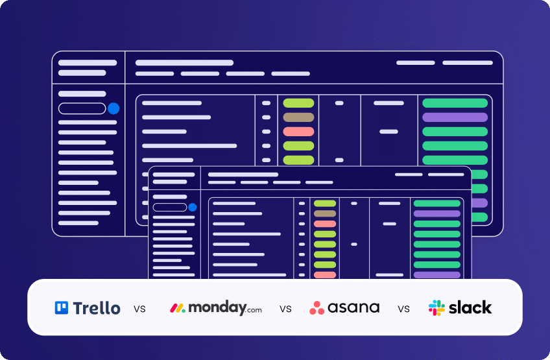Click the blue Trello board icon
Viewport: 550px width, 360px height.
(x=62, y=307)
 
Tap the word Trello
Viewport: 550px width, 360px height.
(x=97, y=307)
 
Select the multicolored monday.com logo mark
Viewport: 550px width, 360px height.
(x=178, y=307)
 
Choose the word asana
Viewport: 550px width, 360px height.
(x=354, y=307)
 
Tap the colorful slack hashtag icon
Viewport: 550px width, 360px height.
(x=437, y=307)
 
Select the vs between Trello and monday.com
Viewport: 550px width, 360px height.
(x=139, y=309)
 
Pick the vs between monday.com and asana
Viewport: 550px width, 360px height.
(x=285, y=309)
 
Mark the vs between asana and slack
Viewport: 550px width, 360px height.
(x=404, y=309)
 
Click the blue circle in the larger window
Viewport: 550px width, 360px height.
(x=114, y=108)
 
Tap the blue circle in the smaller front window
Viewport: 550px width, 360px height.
(x=192, y=208)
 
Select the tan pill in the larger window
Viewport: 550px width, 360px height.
(x=298, y=117)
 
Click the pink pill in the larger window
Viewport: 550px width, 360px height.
(x=298, y=132)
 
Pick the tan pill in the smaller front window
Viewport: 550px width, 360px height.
(x=325, y=213)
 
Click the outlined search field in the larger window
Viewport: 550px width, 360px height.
(x=82, y=108)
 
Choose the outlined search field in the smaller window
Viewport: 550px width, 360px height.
(x=169, y=208)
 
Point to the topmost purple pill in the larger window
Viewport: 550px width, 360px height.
(x=455, y=117)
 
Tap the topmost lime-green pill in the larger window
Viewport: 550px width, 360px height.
(x=298, y=103)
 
